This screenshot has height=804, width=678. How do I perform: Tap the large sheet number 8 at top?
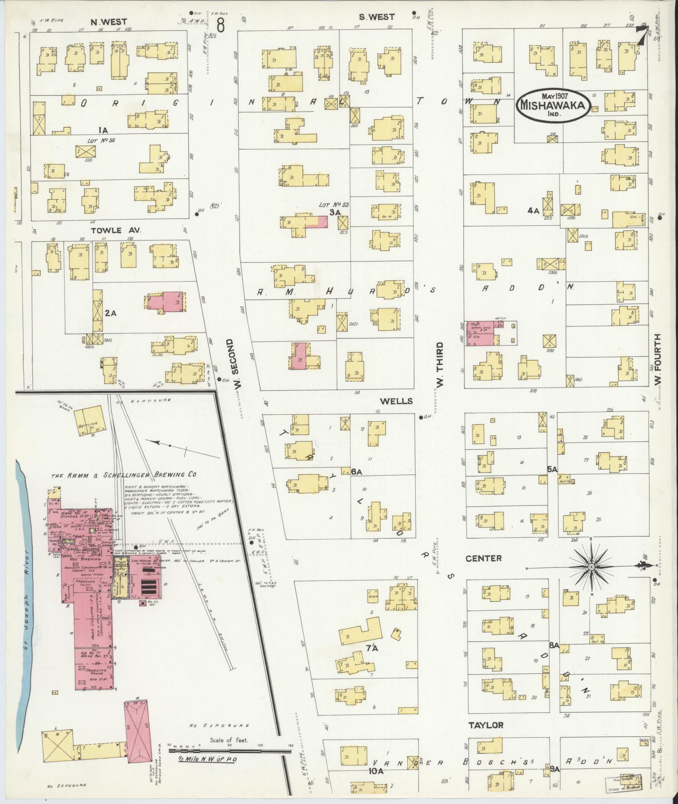coord(221,26)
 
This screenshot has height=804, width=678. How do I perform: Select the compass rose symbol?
coord(591,567)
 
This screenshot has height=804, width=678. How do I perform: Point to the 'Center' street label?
coord(483,558)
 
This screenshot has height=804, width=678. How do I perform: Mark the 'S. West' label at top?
coord(377,17)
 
